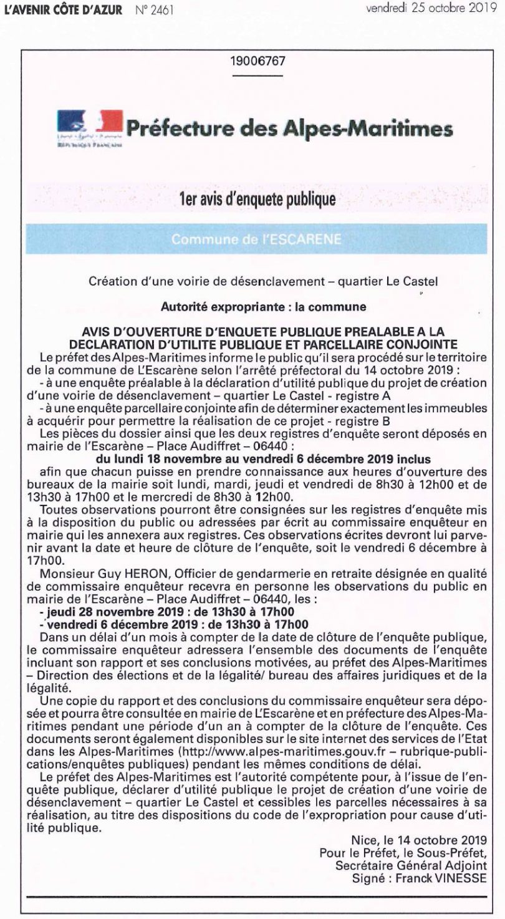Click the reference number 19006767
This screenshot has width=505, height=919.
tap(253, 63)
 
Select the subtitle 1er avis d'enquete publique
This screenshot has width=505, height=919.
tap(252, 200)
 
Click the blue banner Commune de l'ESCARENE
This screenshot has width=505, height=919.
tap(252, 238)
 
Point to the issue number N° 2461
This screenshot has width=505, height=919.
tap(153, 10)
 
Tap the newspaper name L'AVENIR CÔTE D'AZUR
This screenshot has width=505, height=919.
tap(63, 10)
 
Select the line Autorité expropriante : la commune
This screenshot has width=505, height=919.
tap(252, 306)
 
